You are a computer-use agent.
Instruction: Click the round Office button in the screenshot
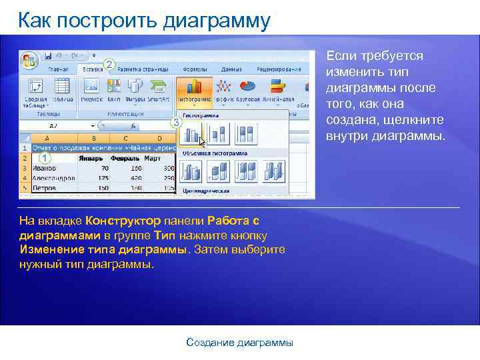[29, 60]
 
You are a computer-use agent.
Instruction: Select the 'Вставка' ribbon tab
[92, 69]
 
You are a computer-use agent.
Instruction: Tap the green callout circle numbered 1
[44, 159]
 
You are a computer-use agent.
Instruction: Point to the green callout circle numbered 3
[176, 122]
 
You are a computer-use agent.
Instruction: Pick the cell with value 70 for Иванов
[103, 169]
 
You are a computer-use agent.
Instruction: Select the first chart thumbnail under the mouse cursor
[193, 135]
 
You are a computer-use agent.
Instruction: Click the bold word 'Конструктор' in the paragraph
[123, 221]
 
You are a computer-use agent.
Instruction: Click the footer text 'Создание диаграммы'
[239, 343]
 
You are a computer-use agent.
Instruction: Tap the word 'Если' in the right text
[339, 56]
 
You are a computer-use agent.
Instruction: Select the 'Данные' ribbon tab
[231, 69]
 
